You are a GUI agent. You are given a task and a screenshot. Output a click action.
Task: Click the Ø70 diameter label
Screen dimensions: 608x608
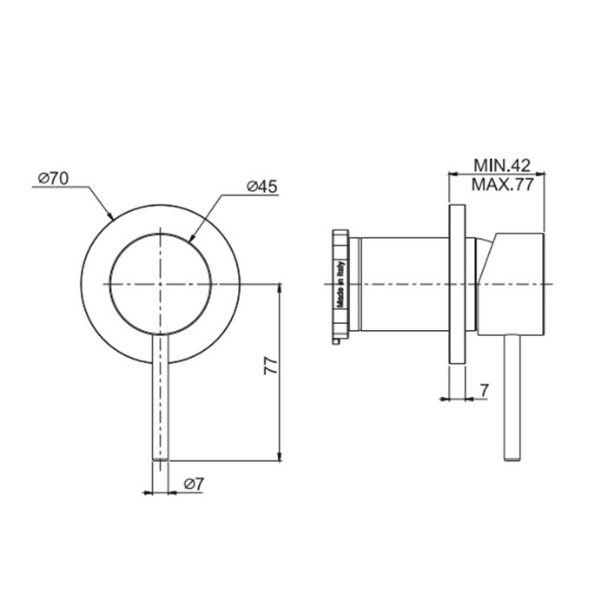54,178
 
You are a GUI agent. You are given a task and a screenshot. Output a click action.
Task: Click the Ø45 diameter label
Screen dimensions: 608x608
262,187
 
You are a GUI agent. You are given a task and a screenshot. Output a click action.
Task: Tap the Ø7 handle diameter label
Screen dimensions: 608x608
194,484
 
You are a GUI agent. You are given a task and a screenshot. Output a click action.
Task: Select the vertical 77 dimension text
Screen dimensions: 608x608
270,366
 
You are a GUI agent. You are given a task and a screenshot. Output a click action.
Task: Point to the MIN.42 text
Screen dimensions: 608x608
502,166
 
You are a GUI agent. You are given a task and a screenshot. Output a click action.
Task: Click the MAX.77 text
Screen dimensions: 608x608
503,185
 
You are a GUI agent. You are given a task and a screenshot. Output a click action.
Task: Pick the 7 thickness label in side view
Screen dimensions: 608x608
485,391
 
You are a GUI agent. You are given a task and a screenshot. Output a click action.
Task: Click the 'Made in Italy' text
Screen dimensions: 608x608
340,285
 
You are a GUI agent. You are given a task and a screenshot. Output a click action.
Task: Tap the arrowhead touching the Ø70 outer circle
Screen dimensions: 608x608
109,215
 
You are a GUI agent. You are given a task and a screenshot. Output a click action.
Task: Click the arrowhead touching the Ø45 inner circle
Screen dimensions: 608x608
192,238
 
